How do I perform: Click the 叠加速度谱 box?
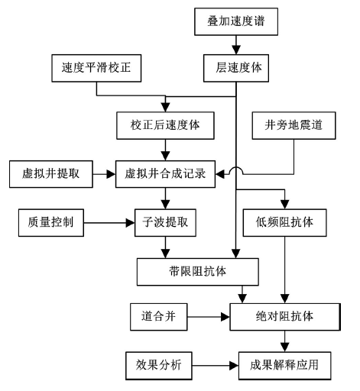[x=236, y=21]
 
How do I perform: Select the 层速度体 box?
[x=236, y=68]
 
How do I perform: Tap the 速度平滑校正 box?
[x=96, y=68]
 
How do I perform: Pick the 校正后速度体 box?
[x=165, y=125]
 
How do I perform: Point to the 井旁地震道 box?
[x=294, y=125]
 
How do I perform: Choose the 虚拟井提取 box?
[x=51, y=174]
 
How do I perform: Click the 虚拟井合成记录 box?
[x=165, y=174]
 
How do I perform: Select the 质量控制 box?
[x=51, y=223]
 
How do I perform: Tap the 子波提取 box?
[x=165, y=223]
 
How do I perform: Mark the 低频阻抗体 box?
[x=284, y=223]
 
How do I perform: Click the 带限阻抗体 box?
[x=198, y=272]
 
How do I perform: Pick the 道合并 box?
[x=159, y=317]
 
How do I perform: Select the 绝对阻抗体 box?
[x=285, y=317]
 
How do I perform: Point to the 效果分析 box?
[x=159, y=366]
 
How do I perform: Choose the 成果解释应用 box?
[x=284, y=366]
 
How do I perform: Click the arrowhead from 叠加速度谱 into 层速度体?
[x=236, y=50]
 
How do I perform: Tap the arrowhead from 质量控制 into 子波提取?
[x=130, y=223]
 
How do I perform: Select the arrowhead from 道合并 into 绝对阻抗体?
[x=225, y=317]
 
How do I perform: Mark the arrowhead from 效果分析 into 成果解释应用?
[x=234, y=366]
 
